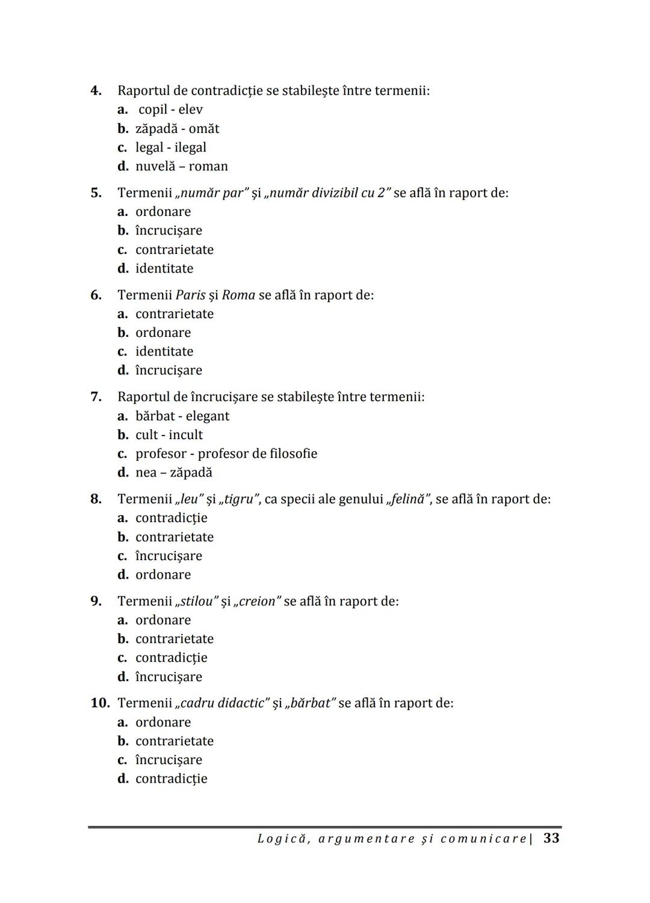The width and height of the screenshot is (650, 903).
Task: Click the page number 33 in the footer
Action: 551,838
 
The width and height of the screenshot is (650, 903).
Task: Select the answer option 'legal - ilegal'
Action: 170,147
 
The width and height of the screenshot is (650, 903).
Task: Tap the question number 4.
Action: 96,91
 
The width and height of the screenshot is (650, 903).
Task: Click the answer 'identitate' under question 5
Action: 164,268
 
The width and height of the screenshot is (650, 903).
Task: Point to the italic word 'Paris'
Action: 190,295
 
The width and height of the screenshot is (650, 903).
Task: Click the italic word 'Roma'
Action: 238,295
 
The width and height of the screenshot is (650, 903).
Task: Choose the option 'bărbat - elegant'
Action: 182,416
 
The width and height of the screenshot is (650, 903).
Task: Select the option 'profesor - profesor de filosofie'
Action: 226,454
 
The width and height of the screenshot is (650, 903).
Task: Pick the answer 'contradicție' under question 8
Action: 171,518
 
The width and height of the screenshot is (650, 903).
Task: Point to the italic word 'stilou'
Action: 196,602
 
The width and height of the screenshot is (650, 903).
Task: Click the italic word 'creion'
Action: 258,602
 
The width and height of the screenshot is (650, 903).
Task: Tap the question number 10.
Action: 100,703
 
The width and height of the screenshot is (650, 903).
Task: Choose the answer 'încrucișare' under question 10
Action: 169,760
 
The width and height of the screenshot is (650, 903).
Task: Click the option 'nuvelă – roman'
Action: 181,167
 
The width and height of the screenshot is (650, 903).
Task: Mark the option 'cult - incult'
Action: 169,435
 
